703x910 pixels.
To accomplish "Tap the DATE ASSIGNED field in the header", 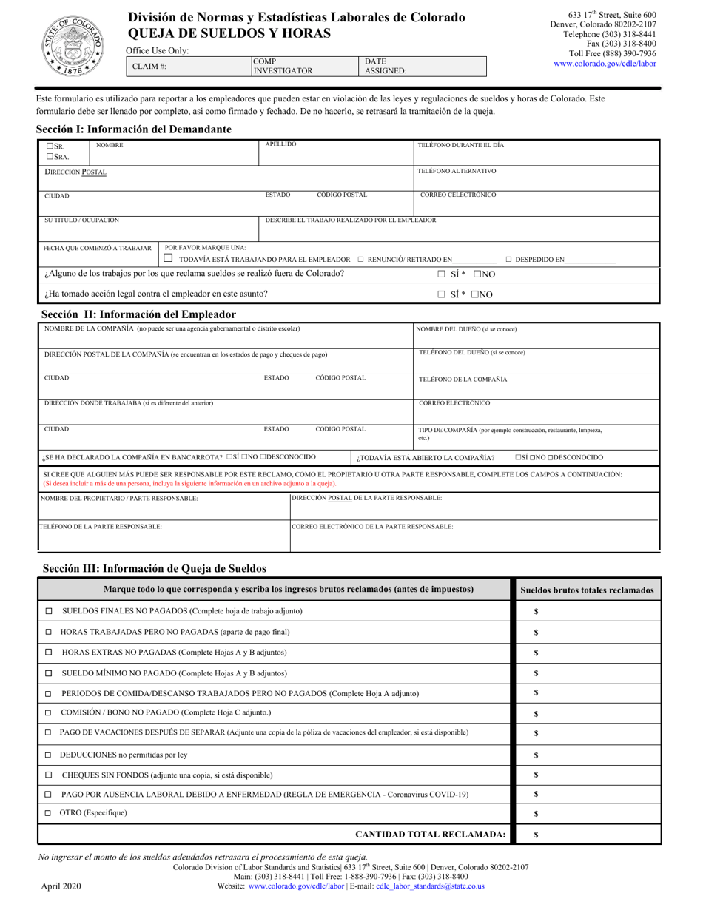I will tap(423, 67).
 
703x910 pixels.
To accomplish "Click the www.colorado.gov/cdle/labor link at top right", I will tap(605, 64).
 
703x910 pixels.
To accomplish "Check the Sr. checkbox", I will tap(50, 146).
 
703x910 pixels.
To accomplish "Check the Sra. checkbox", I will tap(50, 157).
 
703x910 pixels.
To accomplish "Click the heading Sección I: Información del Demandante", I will tap(134, 129).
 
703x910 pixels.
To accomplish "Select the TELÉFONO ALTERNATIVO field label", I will tap(457, 171).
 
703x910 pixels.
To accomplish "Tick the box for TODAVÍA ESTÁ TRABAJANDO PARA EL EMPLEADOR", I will tap(169, 259).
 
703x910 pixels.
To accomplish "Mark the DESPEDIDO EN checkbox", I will tap(509, 260).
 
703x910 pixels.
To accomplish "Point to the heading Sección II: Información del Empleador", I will tap(139, 314).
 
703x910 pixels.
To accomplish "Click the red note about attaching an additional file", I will tap(189, 483).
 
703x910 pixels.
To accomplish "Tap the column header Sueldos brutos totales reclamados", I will tap(587, 590).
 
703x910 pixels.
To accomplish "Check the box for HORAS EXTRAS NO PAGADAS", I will tap(49, 653).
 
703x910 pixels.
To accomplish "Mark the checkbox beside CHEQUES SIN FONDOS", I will tap(49, 775).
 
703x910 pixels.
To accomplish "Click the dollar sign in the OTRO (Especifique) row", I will tap(536, 814).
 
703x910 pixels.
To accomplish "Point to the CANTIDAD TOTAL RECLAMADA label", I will tap(431, 835).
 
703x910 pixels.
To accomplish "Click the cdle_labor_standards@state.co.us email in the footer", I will tap(430, 886).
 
